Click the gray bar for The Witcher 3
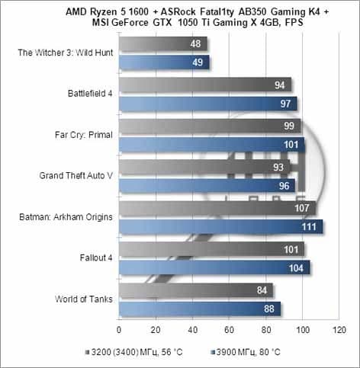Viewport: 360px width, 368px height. pos(163,43)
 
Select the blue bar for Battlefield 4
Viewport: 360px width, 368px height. pos(208,104)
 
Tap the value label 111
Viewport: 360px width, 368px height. pos(309,227)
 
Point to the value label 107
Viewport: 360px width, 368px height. pos(302,208)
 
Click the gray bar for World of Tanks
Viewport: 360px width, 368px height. pos(196,290)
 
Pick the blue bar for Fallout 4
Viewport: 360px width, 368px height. pos(214,267)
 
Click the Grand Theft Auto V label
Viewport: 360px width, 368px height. pos(76,175)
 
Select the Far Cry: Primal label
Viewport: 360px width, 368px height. pos(84,135)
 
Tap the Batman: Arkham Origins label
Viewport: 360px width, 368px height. pos(66,217)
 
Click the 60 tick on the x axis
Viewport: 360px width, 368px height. pos(229,330)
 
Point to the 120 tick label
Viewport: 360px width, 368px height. pos(339,330)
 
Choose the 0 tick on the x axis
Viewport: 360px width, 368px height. pos(119,330)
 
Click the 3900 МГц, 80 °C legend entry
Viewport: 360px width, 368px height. pos(246,352)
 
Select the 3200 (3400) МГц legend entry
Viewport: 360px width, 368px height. pos(134,352)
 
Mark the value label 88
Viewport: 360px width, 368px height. pos(269,309)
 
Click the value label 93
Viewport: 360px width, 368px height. pos(278,167)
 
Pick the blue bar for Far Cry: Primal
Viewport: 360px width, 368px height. pos(212,145)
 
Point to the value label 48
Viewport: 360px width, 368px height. pos(195,43)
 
